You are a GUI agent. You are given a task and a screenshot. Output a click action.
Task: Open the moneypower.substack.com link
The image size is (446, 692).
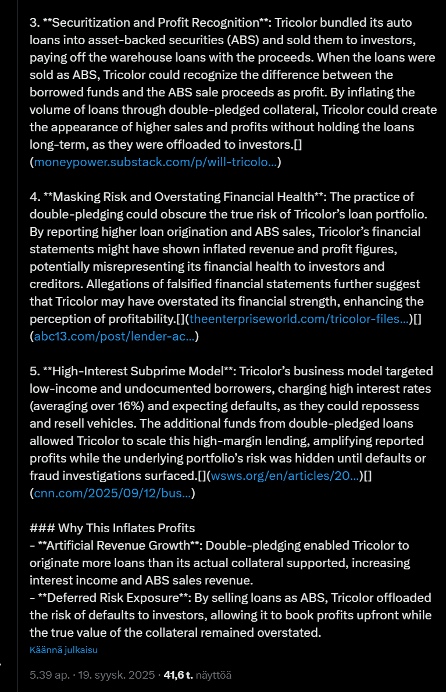click(155, 162)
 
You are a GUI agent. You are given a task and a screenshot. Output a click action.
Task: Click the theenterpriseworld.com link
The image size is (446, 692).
click(299, 319)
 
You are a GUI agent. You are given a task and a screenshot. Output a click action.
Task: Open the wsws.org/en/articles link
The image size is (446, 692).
click(284, 476)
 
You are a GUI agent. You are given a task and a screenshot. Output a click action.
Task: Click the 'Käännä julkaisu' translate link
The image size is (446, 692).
click(63, 650)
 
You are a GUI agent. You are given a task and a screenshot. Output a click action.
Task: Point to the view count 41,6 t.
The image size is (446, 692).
click(179, 675)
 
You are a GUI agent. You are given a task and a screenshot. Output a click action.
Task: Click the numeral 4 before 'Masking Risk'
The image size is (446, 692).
click(33, 197)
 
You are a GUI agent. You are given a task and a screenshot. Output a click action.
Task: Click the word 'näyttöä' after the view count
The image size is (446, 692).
click(213, 675)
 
